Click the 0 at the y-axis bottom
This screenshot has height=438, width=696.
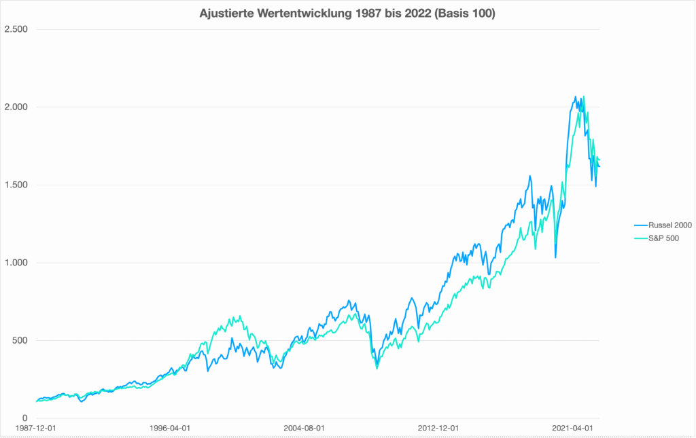(24, 418)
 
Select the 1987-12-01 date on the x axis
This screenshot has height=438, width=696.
(36, 429)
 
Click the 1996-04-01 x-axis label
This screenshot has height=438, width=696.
(170, 429)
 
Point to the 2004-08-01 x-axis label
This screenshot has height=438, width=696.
(304, 429)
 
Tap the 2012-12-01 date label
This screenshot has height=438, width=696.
(438, 429)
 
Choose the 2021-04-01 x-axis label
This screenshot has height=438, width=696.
(572, 429)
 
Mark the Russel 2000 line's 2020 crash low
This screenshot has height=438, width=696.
(555, 257)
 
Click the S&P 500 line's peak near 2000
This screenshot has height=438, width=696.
(232, 316)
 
